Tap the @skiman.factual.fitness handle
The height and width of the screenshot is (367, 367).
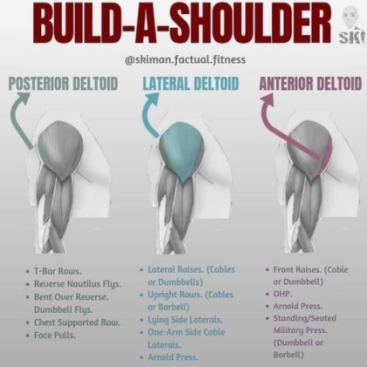click(x=185, y=59)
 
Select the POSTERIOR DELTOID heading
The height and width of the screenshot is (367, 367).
click(x=63, y=84)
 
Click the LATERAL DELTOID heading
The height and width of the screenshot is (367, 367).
click(x=190, y=84)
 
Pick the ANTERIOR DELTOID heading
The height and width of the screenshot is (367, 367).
click(x=310, y=84)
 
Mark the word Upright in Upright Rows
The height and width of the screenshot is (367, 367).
click(x=162, y=295)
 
